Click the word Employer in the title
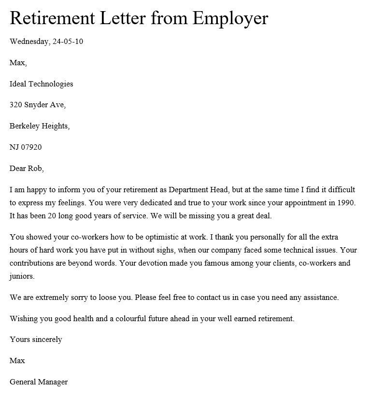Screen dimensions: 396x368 coord(230,18)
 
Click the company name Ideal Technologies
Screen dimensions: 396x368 coord(42,84)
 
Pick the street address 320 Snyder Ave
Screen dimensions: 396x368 coord(38,105)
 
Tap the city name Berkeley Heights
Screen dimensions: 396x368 coord(40,126)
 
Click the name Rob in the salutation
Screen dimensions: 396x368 coord(36,169)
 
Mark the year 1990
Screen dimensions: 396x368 coord(345,203)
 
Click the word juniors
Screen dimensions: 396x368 coord(22,277)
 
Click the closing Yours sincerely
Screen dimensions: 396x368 coord(36,339)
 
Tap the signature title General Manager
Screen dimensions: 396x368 coord(39,382)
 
